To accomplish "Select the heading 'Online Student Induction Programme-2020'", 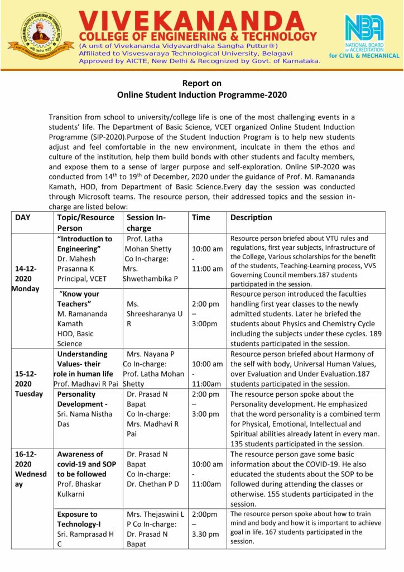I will click(x=202, y=94).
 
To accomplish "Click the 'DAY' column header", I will click(x=23, y=217).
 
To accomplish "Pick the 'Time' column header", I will click(x=201, y=217).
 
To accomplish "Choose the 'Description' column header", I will click(x=251, y=217).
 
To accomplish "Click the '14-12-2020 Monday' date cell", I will click(x=27, y=279).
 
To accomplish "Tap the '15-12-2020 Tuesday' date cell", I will click(x=28, y=384).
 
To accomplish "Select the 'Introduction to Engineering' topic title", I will click(x=84, y=244).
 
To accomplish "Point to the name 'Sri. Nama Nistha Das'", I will click(x=84, y=420).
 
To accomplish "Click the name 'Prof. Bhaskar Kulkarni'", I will click(x=79, y=489).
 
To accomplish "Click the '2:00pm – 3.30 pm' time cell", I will click(x=205, y=524).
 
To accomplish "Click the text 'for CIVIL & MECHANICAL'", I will click(x=364, y=55).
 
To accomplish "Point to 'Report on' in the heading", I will click(x=202, y=83).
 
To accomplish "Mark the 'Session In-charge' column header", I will click(x=147, y=222).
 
